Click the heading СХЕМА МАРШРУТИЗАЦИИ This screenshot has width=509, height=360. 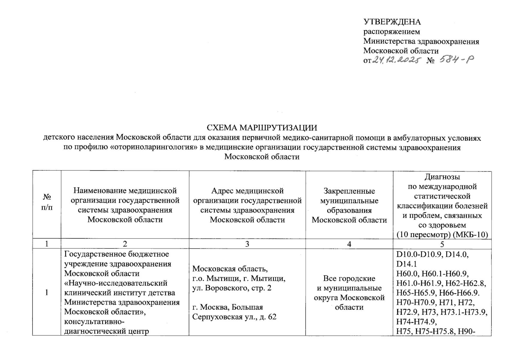pyautogui.click(x=262, y=128)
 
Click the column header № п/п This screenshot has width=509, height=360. pyautogui.click(x=47, y=202)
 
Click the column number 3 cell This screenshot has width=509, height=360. pyautogui.click(x=247, y=244)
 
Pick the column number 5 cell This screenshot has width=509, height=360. pyautogui.click(x=442, y=244)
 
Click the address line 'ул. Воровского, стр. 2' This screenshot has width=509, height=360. pyautogui.click(x=232, y=288)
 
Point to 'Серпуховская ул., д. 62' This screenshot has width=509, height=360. pyautogui.click(x=234, y=317)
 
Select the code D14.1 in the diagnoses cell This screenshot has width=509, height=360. pyautogui.click(x=406, y=264)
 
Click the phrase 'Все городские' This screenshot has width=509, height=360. pyautogui.click(x=349, y=278)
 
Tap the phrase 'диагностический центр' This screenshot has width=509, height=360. pyautogui.click(x=107, y=331)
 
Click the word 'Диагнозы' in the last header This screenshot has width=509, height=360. pyautogui.click(x=442, y=177)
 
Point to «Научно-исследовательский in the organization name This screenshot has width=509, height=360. pyautogui.click(x=116, y=283)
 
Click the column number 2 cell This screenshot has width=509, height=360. pyautogui.click(x=125, y=244)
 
